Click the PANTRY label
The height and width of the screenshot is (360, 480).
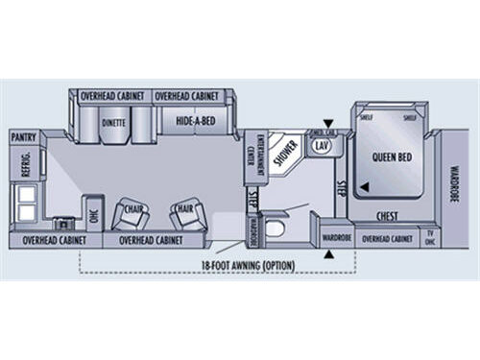pos(24,138)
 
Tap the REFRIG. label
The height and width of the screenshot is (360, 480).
pos(27,166)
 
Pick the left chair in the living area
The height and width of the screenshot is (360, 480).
pos(131,213)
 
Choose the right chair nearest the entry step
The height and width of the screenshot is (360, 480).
pos(185,213)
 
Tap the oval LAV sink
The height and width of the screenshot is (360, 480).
pos(322,145)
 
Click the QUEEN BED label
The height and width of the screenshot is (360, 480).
pos(394,158)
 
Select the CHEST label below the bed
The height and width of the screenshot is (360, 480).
pos(387,216)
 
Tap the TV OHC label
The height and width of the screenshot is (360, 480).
pos(430,236)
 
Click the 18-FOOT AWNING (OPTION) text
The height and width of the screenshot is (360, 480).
pos(248,264)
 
